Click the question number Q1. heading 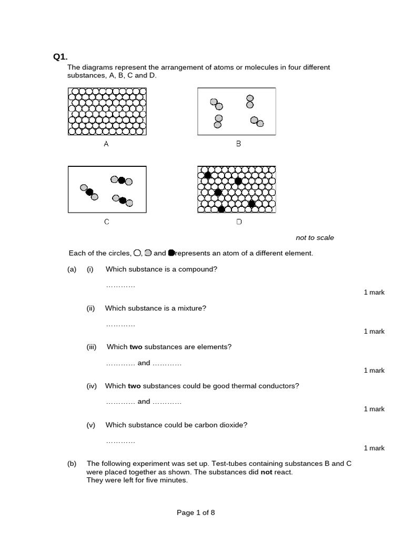pos(60,57)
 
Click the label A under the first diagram pos(106,144)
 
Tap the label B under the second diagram pos(238,144)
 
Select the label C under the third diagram pos(106,222)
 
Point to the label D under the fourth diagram pos(239,222)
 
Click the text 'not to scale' pos(315,238)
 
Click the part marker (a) pos(72,269)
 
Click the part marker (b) pos(72,464)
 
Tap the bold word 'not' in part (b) pos(285,472)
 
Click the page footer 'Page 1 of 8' pos(196,513)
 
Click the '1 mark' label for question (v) pos(374,448)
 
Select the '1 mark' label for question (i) pos(374,293)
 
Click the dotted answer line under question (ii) pos(120,324)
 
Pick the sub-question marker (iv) pos(92,386)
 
